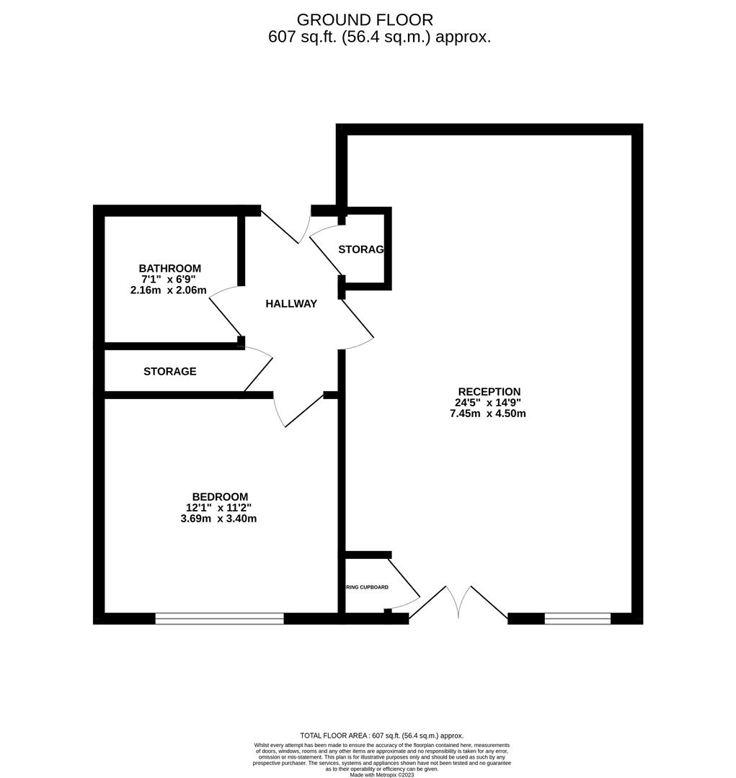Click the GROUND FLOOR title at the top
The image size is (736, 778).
pos(365,19)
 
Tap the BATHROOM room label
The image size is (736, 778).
pos(170,268)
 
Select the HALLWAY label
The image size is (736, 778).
pos(291,304)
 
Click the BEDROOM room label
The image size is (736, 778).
pos(220,496)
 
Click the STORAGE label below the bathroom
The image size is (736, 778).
pos(170,372)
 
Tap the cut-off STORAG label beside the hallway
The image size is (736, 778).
pos(361,249)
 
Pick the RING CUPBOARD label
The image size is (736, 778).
pos(368,587)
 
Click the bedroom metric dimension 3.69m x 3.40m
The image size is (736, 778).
pos(218,519)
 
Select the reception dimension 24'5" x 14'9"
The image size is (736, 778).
pos(487,403)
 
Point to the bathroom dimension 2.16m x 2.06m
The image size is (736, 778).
pos(168,290)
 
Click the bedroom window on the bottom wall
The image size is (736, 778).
pos(219,618)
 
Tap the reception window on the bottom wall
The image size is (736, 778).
pos(577,618)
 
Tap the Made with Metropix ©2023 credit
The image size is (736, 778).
pos(382,774)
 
